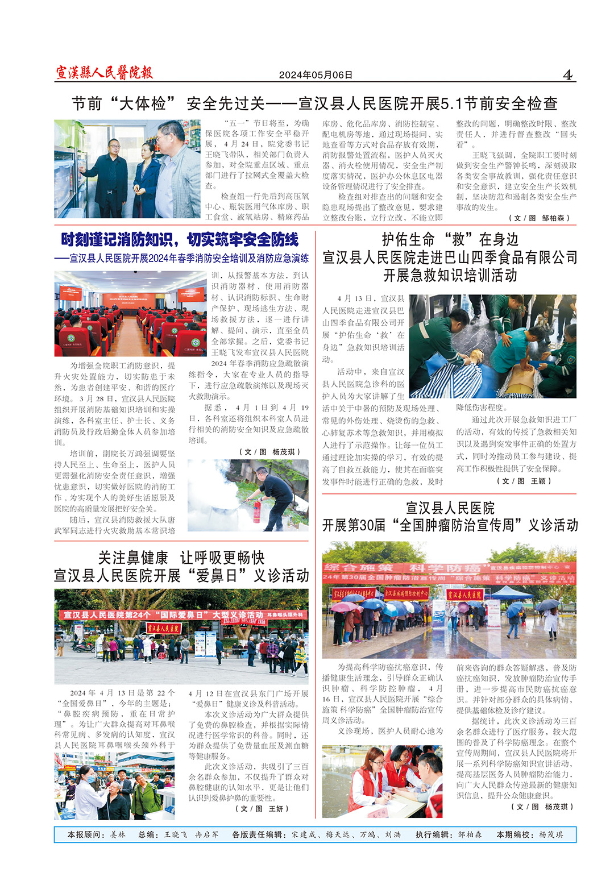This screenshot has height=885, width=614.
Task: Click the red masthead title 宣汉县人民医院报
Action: [x=104, y=72]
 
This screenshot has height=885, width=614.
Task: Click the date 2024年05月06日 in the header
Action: [x=316, y=75]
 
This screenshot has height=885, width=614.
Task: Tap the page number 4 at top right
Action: [x=567, y=74]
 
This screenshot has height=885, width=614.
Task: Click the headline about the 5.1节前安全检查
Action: [x=314, y=103]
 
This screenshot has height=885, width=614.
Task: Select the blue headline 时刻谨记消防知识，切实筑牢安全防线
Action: [x=180, y=240]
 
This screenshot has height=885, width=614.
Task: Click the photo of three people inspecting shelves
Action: [x=127, y=169]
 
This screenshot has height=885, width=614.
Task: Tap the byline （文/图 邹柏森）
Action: [x=539, y=218]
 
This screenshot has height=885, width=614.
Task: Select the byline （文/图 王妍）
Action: [x=262, y=808]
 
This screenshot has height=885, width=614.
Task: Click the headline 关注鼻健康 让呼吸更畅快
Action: [x=181, y=558]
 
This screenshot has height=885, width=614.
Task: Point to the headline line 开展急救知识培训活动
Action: [x=450, y=276]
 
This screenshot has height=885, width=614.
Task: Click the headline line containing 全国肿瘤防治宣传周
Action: [x=450, y=525]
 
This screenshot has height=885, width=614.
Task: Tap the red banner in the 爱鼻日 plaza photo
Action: [x=182, y=615]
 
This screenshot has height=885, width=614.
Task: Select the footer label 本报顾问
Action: [x=86, y=834]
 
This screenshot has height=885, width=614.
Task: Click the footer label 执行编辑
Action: [x=433, y=834]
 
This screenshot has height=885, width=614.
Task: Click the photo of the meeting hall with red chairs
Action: [x=130, y=313]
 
